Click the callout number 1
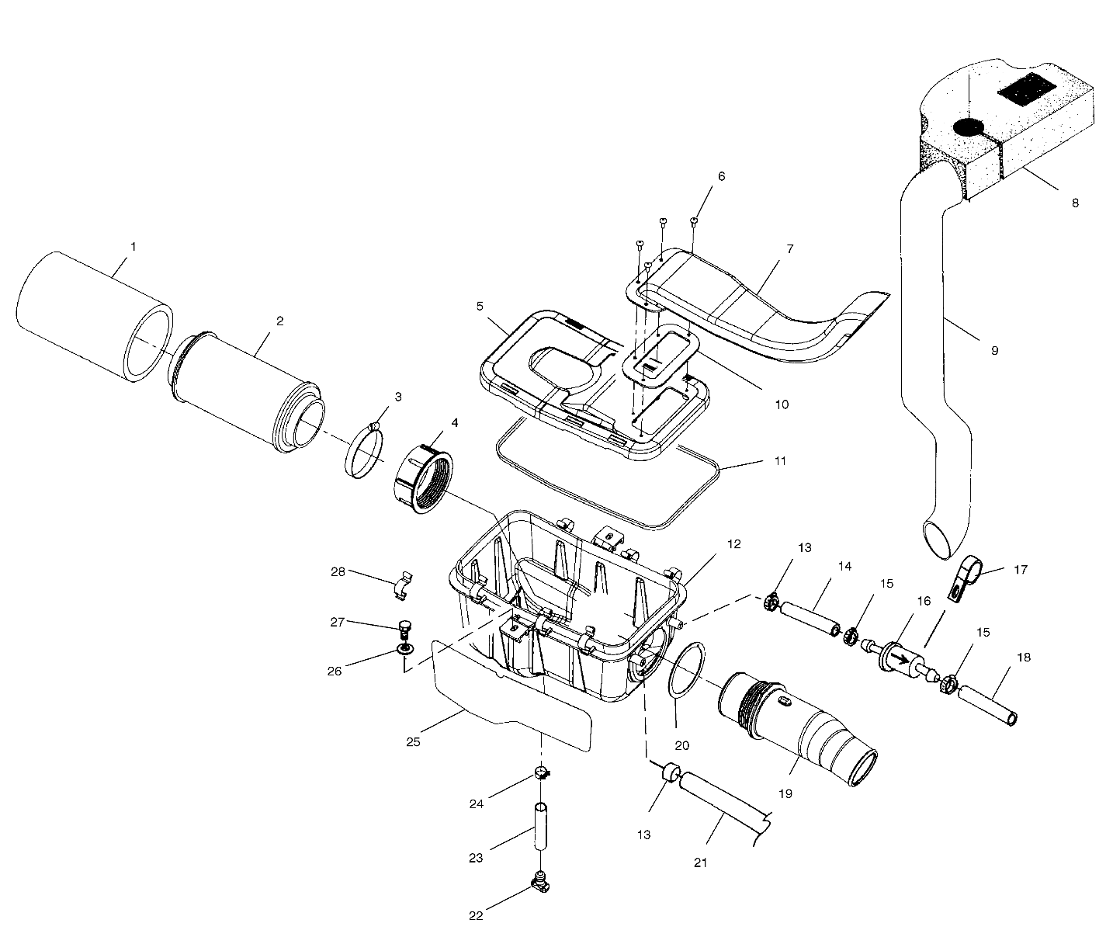click(x=133, y=247)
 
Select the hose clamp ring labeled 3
click(x=364, y=451)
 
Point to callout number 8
click(x=1074, y=203)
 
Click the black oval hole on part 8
click(x=968, y=127)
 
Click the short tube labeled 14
click(x=808, y=617)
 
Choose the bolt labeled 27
click(x=403, y=626)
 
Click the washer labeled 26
click(x=404, y=649)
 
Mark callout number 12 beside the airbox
click(x=734, y=544)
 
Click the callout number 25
click(x=413, y=741)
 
